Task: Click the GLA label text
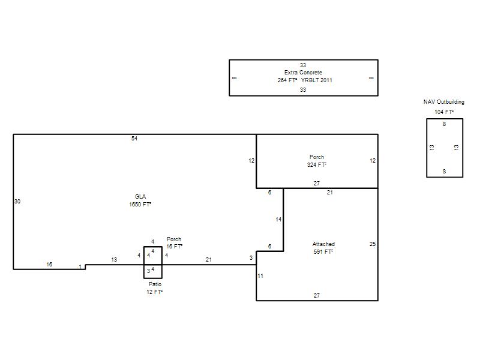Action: (x=140, y=197)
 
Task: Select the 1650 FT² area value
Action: (x=140, y=204)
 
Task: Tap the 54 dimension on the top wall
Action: (x=134, y=139)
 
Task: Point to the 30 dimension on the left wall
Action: (x=17, y=202)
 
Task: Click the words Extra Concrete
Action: (x=303, y=73)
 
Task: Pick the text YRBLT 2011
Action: (x=317, y=80)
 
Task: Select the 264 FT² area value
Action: (x=287, y=80)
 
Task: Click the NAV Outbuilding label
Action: (x=444, y=102)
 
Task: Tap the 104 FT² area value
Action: (x=444, y=112)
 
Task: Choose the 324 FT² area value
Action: (x=317, y=164)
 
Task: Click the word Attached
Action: (x=323, y=244)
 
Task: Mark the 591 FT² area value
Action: (x=323, y=251)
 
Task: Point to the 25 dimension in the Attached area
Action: (x=373, y=244)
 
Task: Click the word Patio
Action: (x=155, y=284)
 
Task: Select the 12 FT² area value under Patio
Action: (x=154, y=292)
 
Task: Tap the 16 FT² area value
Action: (x=174, y=247)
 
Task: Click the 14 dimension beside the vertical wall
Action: (x=278, y=219)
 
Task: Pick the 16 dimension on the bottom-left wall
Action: (x=49, y=264)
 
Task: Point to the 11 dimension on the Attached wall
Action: (x=260, y=276)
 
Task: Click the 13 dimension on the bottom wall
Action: (x=114, y=260)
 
